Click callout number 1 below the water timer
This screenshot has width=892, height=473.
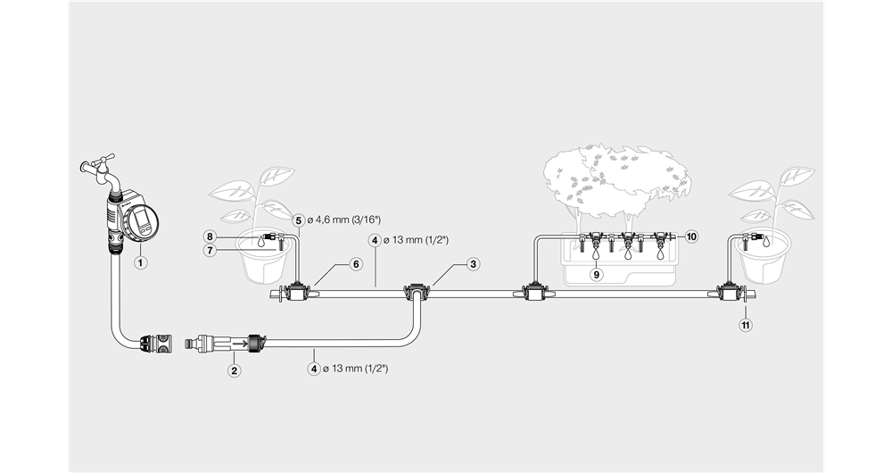140,262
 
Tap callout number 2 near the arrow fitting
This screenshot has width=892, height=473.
234,370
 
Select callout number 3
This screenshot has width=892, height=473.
474,263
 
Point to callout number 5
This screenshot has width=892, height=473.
299,220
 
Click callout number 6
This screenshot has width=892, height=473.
355,264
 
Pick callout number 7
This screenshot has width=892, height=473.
210,251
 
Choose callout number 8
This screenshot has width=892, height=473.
210,236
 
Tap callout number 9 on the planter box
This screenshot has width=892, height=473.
597,275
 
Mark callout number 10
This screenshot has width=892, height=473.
691,236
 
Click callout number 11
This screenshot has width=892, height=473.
746,325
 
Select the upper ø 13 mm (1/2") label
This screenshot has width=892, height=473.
415,240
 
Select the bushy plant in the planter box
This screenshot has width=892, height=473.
615,174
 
